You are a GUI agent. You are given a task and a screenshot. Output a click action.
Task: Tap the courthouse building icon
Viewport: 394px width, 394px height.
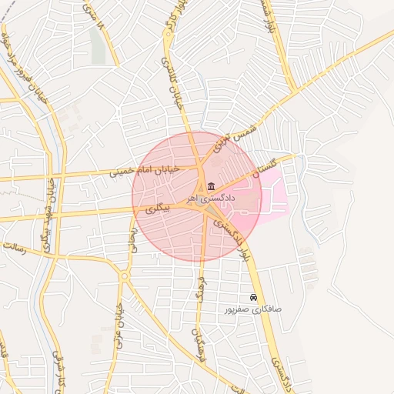[x=210, y=185]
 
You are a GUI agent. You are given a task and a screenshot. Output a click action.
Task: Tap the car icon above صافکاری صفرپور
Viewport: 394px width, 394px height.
[x=253, y=297]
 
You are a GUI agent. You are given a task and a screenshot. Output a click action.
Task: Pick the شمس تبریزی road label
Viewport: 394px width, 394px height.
[x=233, y=137]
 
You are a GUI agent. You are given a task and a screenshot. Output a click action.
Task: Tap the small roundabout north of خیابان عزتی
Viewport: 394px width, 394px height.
[x=125, y=275]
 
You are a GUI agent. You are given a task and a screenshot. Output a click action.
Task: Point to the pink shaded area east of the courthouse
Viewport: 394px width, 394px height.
[x=273, y=196]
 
